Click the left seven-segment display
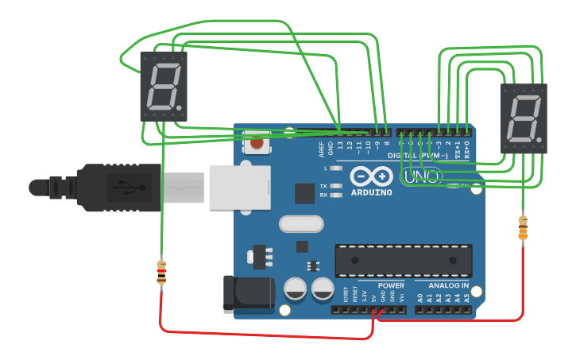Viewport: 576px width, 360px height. coord(163,86)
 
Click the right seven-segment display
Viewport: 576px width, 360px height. coord(524,118)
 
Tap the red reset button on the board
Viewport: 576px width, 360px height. coord(257,144)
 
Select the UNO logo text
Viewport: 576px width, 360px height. coord(421,176)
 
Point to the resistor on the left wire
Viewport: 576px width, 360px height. coord(161,273)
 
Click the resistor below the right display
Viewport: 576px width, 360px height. coord(522,227)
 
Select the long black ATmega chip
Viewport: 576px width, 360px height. coord(404,261)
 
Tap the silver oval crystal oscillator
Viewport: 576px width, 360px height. coord(301,224)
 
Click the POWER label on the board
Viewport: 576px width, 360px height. coord(391,285)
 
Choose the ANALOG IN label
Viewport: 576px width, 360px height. coord(448,285)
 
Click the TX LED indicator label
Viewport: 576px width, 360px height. coord(323,186)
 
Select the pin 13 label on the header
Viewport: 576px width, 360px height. coord(340,145)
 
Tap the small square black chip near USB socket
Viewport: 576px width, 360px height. coord(305,193)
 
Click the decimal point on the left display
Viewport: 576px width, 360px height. coord(180,107)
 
